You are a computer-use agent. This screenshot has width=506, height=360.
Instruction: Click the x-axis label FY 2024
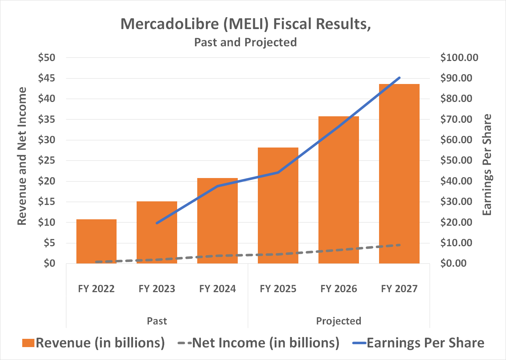click(x=217, y=289)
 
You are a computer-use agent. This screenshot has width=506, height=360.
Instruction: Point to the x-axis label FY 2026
click(x=339, y=289)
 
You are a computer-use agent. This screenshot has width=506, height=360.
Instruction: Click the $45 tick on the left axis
click(x=47, y=78)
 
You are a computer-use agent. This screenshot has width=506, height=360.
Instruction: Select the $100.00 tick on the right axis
click(x=459, y=57)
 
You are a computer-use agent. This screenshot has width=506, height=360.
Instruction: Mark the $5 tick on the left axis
click(x=49, y=243)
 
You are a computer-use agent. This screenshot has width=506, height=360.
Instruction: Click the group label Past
click(x=157, y=321)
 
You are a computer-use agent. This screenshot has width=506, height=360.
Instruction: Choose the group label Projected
click(x=339, y=321)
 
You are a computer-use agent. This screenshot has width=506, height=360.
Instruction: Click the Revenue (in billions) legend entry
click(x=93, y=343)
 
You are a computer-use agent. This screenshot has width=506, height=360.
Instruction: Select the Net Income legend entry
click(x=258, y=343)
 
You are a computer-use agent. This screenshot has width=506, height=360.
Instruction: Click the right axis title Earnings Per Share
click(x=487, y=165)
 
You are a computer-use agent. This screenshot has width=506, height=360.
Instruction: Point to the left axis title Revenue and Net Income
click(x=22, y=156)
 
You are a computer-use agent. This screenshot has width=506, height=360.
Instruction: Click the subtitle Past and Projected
click(x=245, y=42)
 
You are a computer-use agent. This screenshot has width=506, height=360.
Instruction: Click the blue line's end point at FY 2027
click(x=399, y=78)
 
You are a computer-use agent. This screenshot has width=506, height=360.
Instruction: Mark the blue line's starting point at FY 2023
click(x=157, y=223)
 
